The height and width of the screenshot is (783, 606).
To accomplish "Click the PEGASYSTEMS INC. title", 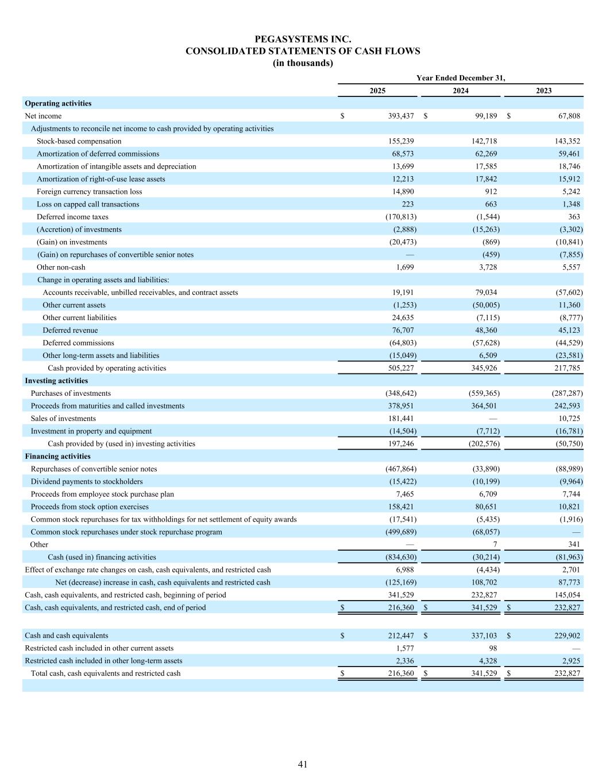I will point(303,39).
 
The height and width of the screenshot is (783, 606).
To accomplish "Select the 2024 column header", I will point(460,91).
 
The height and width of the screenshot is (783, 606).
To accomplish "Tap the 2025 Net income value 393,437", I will point(401,116).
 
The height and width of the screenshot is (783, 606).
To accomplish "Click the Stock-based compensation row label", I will point(79,141).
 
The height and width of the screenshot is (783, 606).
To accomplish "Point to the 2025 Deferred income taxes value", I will point(400,217).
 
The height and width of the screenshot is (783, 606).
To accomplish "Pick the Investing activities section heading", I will point(56,381).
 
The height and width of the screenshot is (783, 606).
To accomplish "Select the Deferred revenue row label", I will point(70,330).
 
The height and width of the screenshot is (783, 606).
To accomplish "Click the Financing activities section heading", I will point(57,457).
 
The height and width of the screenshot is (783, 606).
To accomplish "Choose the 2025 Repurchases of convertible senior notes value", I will point(400,469).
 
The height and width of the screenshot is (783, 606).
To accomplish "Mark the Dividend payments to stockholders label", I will point(87,482).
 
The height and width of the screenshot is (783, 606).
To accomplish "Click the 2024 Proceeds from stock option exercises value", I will point(485,507).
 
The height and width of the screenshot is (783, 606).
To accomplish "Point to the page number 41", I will point(303,764).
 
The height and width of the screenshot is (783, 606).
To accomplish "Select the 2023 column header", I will point(543,91).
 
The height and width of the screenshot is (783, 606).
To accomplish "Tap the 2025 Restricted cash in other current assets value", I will point(404,648).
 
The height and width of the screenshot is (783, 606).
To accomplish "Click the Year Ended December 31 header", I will point(460,78).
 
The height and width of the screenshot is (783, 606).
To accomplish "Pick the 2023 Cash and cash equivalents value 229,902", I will point(565,636).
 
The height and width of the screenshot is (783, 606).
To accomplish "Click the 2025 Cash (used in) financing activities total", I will point(400,558).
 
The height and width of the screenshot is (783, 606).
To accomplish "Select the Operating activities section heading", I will point(58,103).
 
